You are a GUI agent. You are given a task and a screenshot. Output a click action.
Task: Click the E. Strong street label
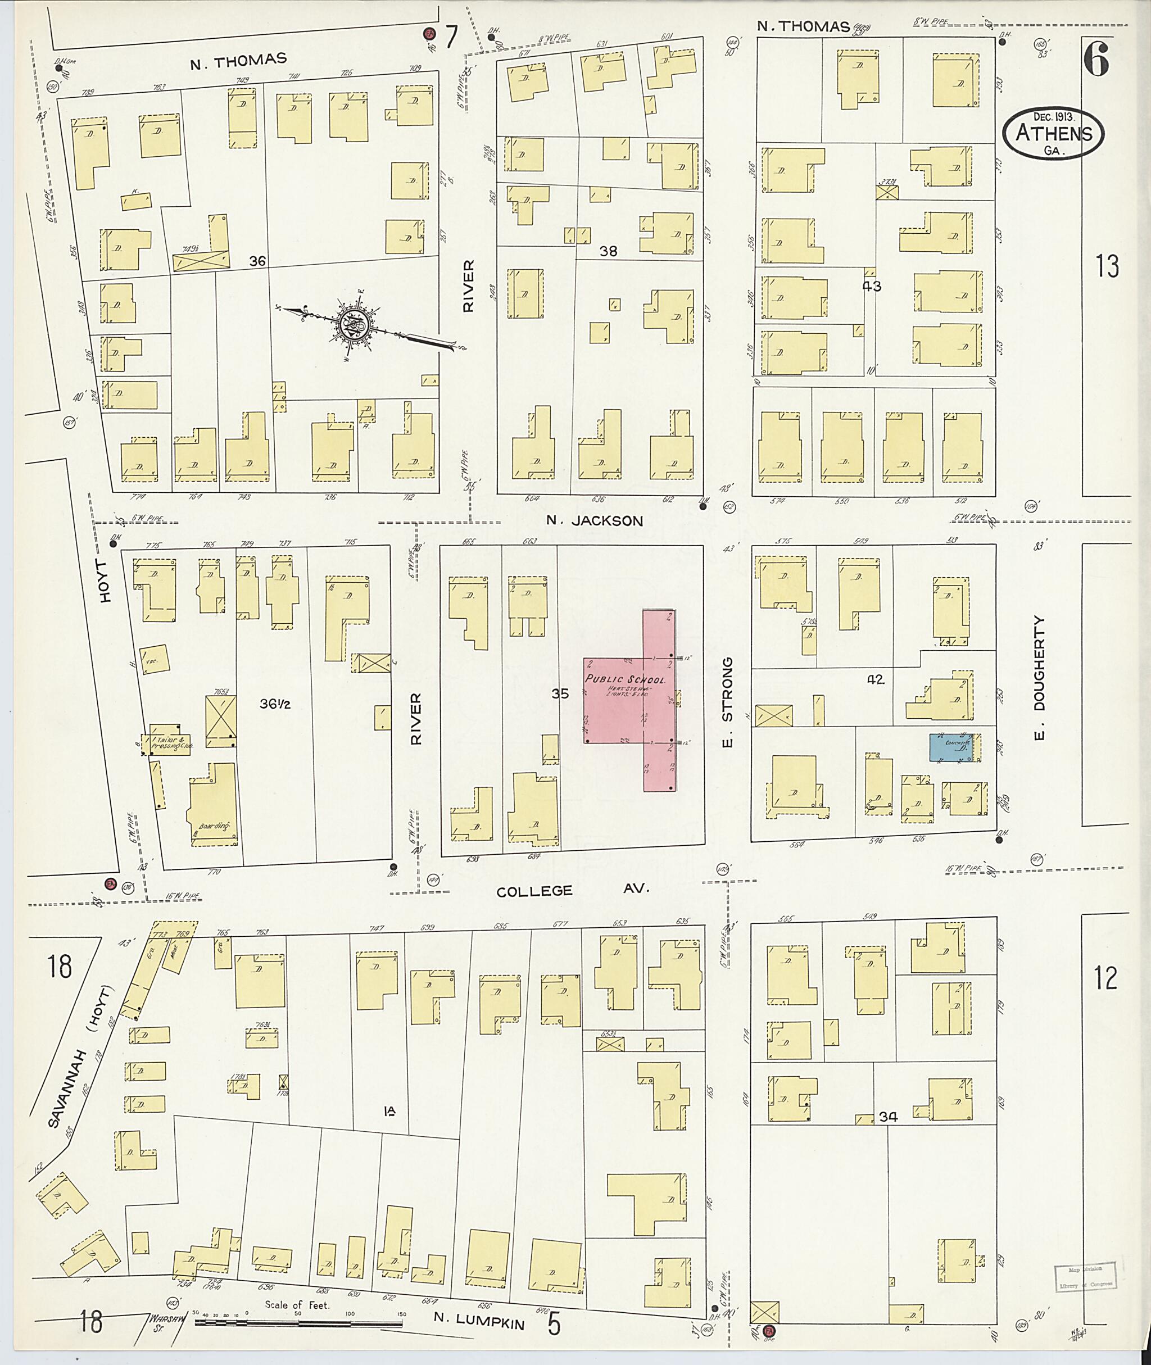point(728,702)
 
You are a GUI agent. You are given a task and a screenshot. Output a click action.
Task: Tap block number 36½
point(274,704)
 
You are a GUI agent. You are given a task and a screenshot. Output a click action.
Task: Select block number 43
point(872,287)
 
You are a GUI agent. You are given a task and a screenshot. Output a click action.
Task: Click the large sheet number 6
point(1096,62)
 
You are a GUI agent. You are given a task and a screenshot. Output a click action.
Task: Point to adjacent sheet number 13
point(1107,266)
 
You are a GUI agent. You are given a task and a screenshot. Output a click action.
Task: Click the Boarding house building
point(214,805)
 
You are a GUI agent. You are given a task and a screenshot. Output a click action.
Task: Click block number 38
point(608,251)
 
